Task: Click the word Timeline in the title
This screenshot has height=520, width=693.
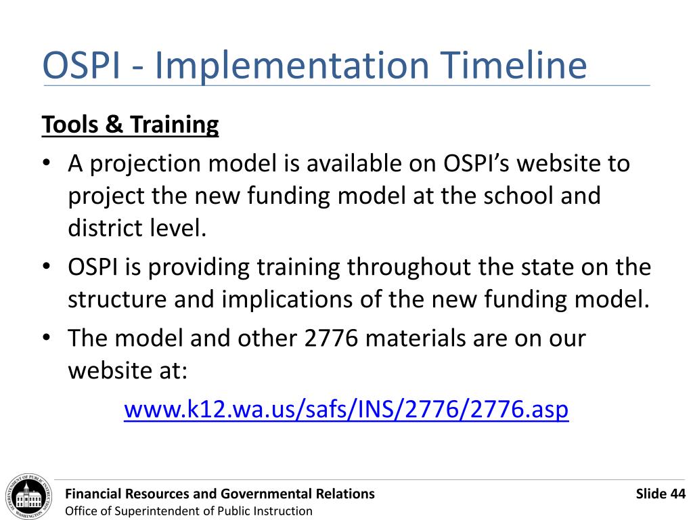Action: click(x=514, y=66)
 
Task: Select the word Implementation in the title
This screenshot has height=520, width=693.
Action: click(x=292, y=66)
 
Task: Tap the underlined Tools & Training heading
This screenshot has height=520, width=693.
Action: click(x=130, y=125)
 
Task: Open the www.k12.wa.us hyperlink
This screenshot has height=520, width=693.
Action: click(x=346, y=410)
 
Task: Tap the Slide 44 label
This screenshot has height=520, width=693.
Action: click(x=661, y=494)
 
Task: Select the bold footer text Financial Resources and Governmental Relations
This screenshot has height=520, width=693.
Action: click(x=219, y=494)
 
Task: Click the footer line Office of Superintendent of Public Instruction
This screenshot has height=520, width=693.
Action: click(x=188, y=511)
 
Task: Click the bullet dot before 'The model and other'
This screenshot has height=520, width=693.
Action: click(x=47, y=339)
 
